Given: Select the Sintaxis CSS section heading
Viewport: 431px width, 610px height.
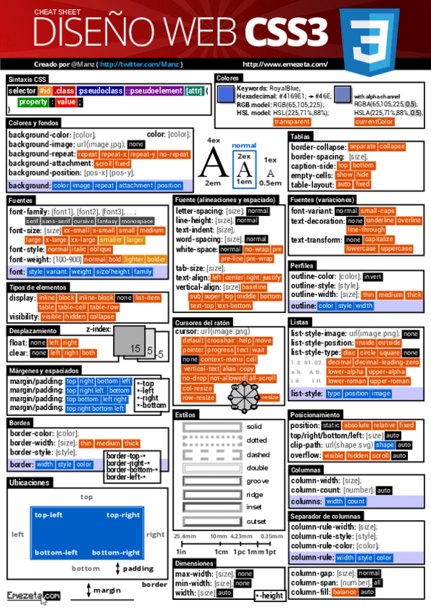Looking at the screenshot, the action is [x=27, y=79].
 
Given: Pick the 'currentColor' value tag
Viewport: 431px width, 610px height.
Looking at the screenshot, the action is [x=374, y=122].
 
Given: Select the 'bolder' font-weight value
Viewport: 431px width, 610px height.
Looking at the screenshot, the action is [x=156, y=259].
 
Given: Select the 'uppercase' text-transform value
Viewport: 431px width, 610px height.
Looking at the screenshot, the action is [x=395, y=248].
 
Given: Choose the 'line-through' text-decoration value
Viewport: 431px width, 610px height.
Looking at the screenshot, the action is [x=366, y=229].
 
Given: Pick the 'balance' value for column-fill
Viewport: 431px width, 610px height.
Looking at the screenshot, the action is [x=345, y=591].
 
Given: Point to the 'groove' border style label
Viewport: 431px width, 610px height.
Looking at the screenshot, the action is [x=257, y=481].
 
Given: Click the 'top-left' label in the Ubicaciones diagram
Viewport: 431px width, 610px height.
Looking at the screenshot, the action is [x=48, y=515].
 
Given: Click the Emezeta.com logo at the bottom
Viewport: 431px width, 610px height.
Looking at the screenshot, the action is [x=33, y=596].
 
